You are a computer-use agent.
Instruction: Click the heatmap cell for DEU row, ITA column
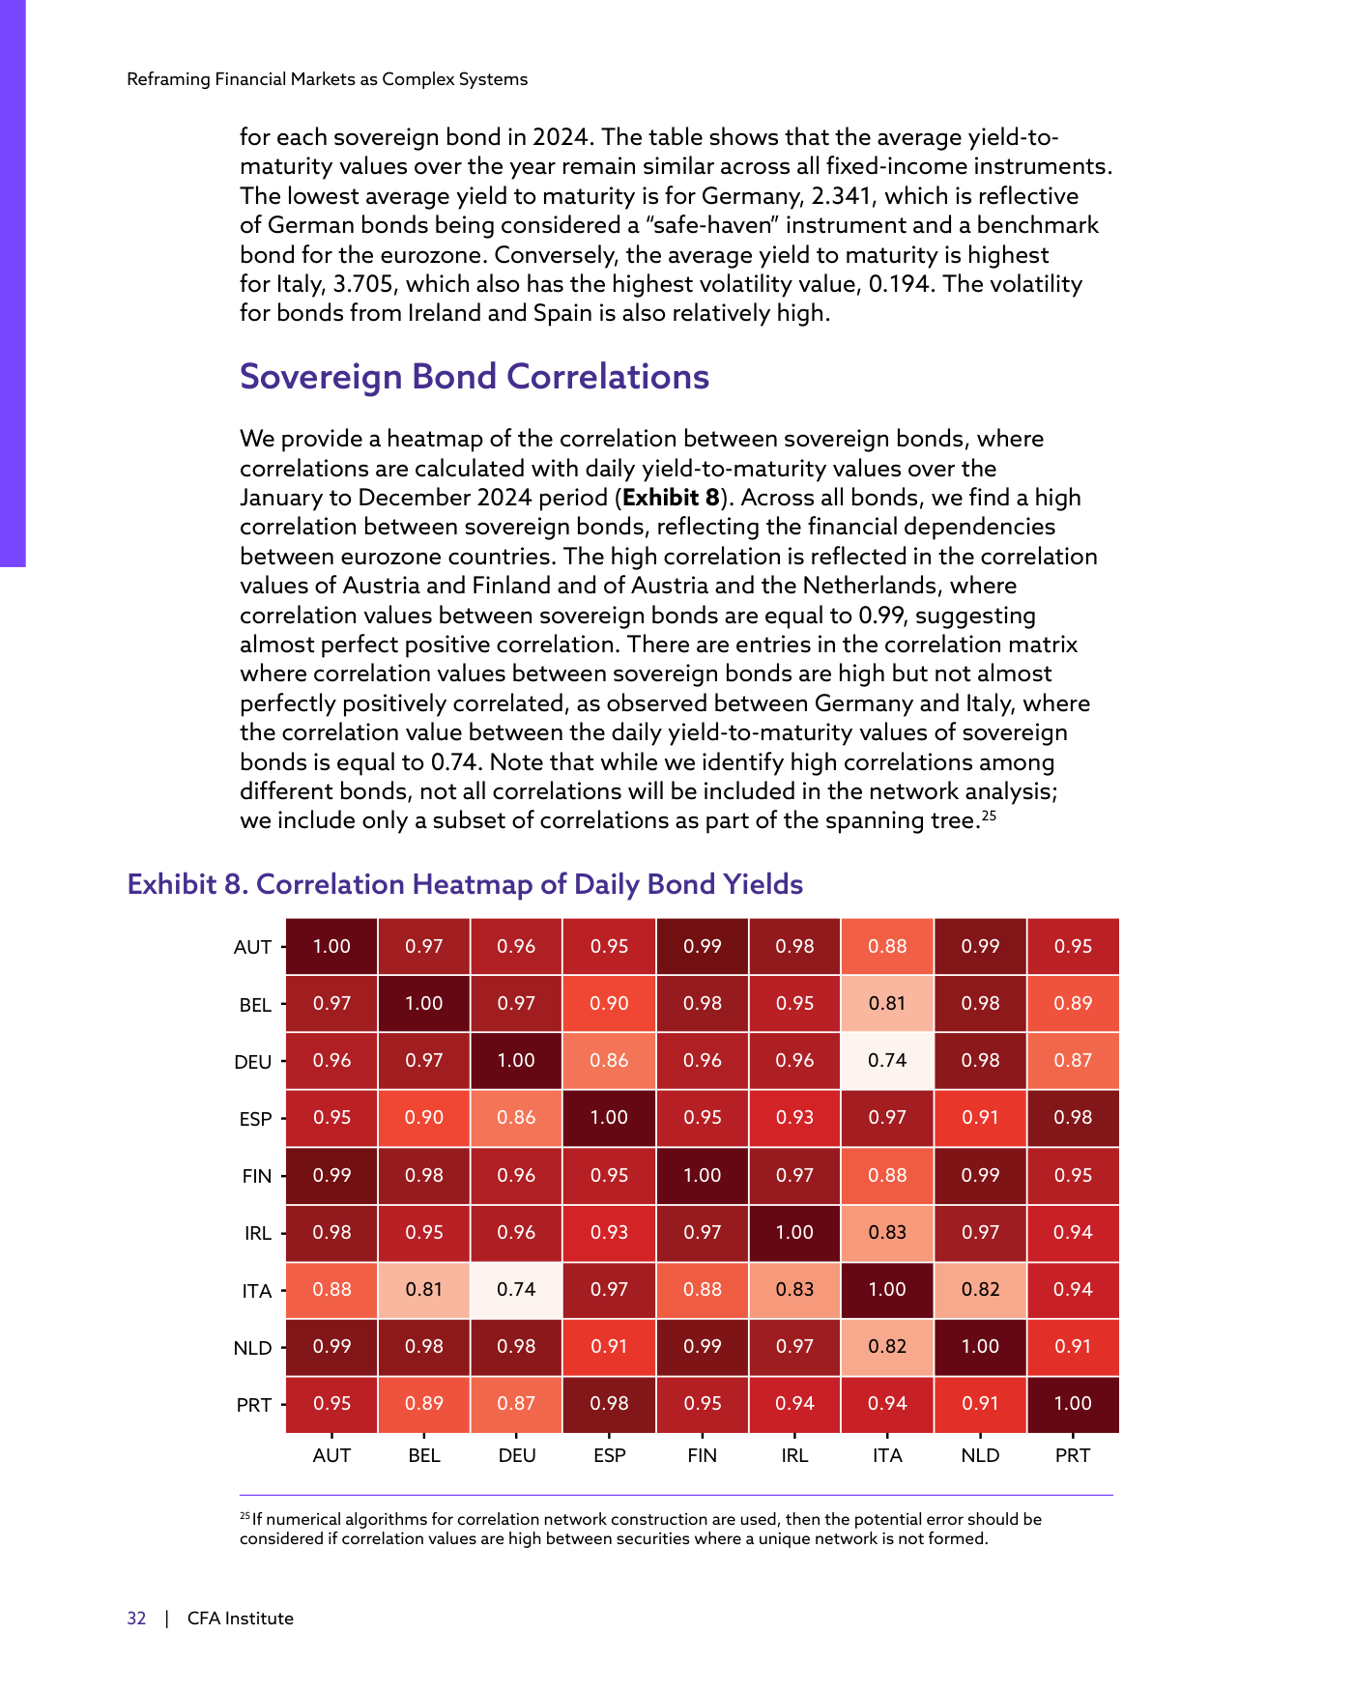pos(887,1060)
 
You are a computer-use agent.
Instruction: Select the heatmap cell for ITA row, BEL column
pos(424,1289)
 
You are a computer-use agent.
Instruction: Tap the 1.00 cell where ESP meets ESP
pos(610,1117)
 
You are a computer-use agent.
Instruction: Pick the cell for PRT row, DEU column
pos(517,1403)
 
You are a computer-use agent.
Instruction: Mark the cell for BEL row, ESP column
pos(610,1003)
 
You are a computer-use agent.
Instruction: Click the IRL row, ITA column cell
pos(887,1232)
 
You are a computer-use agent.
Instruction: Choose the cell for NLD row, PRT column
pos(1073,1346)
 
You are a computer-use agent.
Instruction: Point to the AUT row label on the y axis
pos(253,947)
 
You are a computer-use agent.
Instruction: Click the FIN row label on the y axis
pos(257,1176)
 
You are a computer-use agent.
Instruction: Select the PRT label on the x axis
pos(1073,1455)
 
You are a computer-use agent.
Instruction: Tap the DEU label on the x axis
pos(517,1455)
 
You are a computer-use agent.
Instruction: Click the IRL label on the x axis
pos(794,1455)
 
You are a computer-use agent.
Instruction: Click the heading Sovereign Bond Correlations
pos(475,377)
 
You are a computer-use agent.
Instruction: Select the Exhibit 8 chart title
pos(465,884)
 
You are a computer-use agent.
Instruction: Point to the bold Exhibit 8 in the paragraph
pos(672,498)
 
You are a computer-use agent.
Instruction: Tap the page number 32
pos(136,1619)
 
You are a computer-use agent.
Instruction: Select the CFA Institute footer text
pos(241,1619)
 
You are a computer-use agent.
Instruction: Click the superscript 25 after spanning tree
pos(989,816)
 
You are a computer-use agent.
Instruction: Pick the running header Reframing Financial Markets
pos(328,79)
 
